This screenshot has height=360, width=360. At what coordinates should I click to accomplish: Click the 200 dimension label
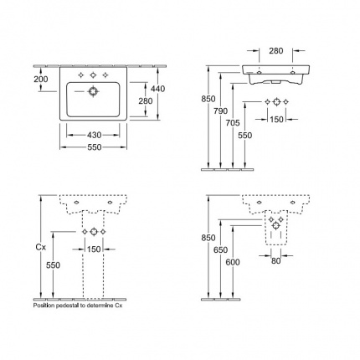coord(41,80)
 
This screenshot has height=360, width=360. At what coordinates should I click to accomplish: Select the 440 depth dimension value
coord(157,89)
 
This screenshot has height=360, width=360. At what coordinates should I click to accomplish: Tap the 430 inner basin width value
coord(94,135)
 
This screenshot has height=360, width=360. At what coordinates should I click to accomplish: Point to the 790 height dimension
coord(220,111)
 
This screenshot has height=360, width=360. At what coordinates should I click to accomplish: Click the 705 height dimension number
coord(233,123)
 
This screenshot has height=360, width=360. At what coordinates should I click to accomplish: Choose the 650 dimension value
coord(220,250)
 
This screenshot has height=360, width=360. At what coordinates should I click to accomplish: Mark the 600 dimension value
coord(233,262)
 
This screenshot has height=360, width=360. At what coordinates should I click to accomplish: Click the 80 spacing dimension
coord(275,261)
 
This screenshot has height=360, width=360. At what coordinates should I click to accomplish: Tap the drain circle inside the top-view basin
coord(92,91)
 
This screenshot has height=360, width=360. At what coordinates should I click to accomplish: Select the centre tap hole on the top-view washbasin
coord(93,75)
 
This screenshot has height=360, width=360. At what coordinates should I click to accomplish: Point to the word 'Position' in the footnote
coord(44,306)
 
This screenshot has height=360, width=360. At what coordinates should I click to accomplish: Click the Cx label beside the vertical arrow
coord(41,247)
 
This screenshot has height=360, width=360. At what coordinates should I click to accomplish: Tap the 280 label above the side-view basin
coord(276,51)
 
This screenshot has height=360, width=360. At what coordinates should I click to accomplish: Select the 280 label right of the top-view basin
coord(146,100)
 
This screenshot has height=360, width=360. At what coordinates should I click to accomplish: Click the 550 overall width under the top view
coord(94,147)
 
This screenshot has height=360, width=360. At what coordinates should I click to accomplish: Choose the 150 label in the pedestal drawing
coord(94,249)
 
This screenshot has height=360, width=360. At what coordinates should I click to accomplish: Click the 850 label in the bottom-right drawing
coord(208,238)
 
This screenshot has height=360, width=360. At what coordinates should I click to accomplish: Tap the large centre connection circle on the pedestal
coord(94,232)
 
